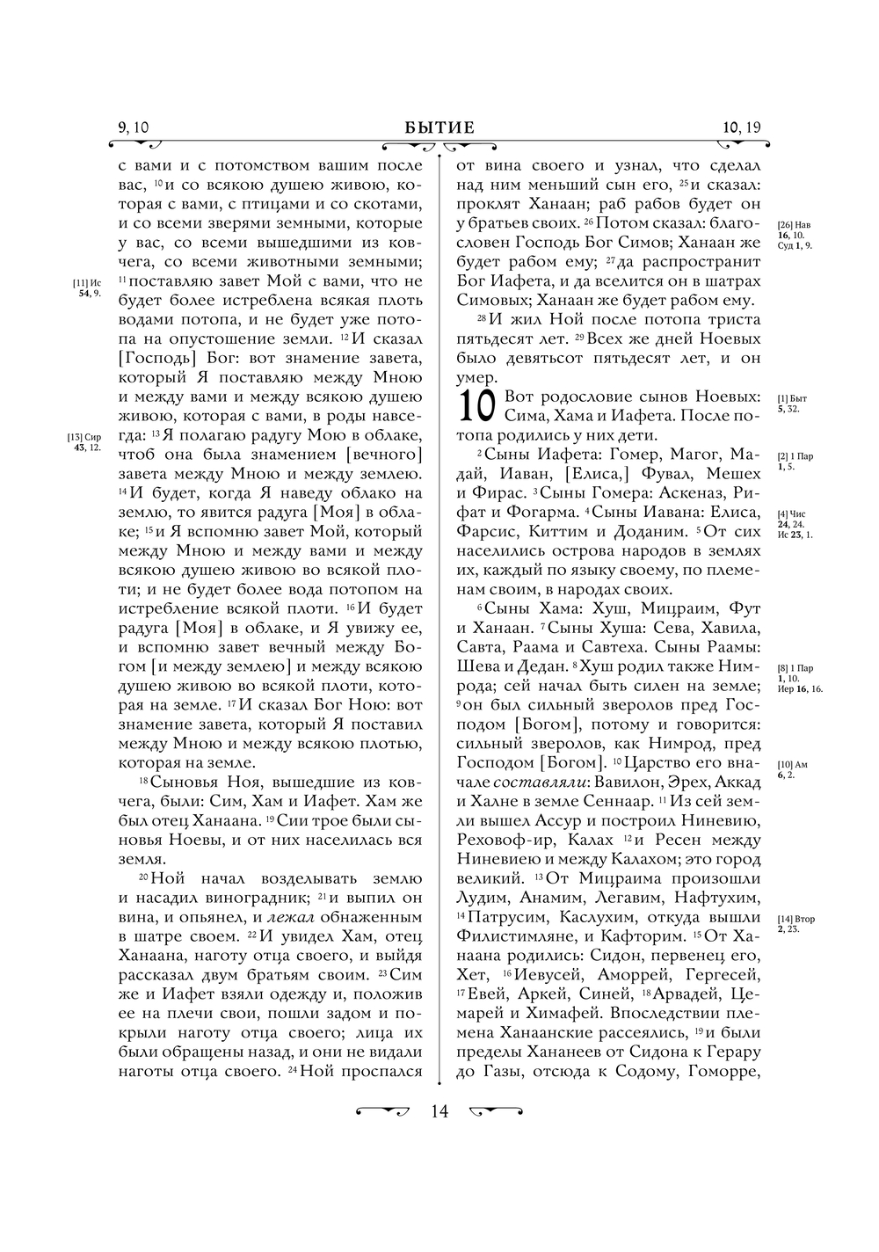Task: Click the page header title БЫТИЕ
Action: pyautogui.click(x=439, y=128)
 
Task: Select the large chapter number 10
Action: pyautogui.click(x=478, y=406)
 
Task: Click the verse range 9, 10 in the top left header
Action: pyautogui.click(x=134, y=128)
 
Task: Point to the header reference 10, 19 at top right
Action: pyautogui.click(x=742, y=128)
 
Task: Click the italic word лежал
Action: pyautogui.click(x=291, y=917)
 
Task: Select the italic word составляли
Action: pyautogui.click(x=540, y=782)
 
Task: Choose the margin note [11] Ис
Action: pyautogui.click(x=87, y=283)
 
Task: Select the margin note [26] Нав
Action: pyautogui.click(x=795, y=225)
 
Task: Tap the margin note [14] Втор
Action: pyautogui.click(x=796, y=920)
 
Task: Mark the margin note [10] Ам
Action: pyautogui.click(x=793, y=765)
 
